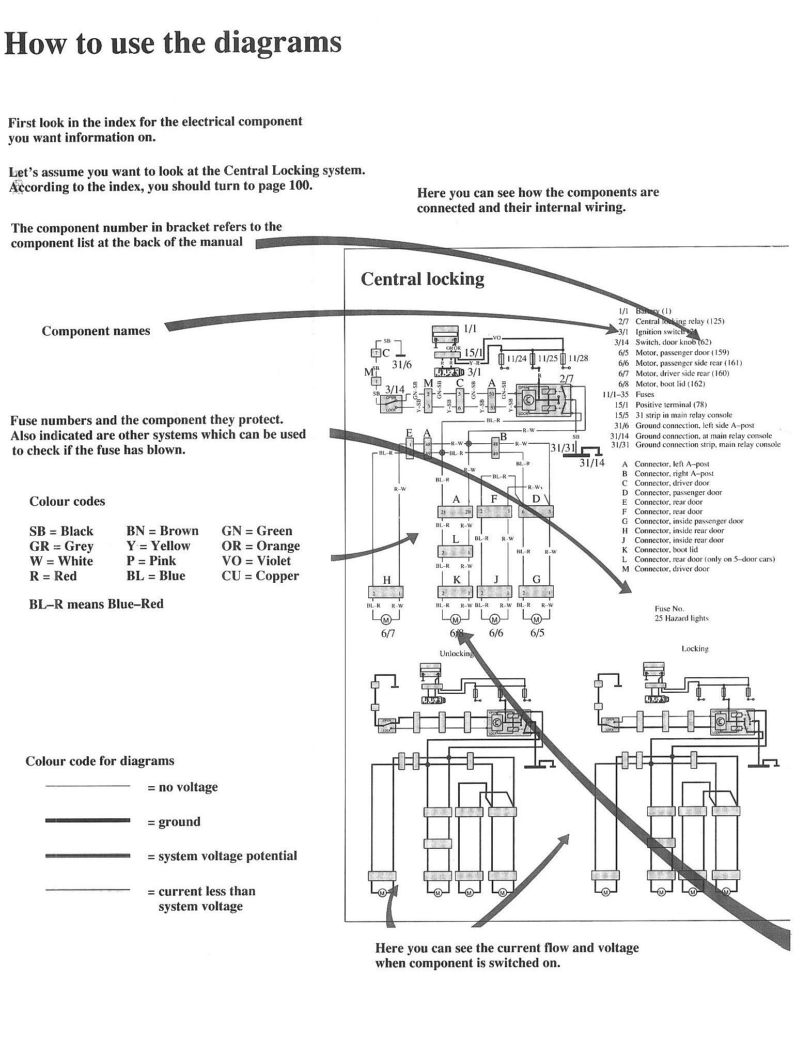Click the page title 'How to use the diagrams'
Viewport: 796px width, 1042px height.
173,43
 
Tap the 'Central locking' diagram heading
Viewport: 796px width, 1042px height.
422,279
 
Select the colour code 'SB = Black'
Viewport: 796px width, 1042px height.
61,531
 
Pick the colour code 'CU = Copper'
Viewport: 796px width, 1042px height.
260,576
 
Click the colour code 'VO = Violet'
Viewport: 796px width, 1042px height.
256,561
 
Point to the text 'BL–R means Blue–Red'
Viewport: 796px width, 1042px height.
96,604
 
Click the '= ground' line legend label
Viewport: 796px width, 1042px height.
174,821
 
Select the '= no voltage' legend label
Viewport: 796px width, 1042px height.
182,787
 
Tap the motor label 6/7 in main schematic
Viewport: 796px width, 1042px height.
388,633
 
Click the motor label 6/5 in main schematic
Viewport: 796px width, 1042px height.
537,633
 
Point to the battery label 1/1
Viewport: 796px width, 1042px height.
470,329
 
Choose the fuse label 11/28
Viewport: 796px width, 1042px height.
579,358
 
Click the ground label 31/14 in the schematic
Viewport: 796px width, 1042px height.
591,463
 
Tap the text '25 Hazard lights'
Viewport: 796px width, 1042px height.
681,618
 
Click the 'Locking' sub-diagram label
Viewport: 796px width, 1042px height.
695,648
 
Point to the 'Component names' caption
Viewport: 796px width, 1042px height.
96,331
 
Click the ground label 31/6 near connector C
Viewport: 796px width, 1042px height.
402,365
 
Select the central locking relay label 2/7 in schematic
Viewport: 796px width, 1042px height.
566,379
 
